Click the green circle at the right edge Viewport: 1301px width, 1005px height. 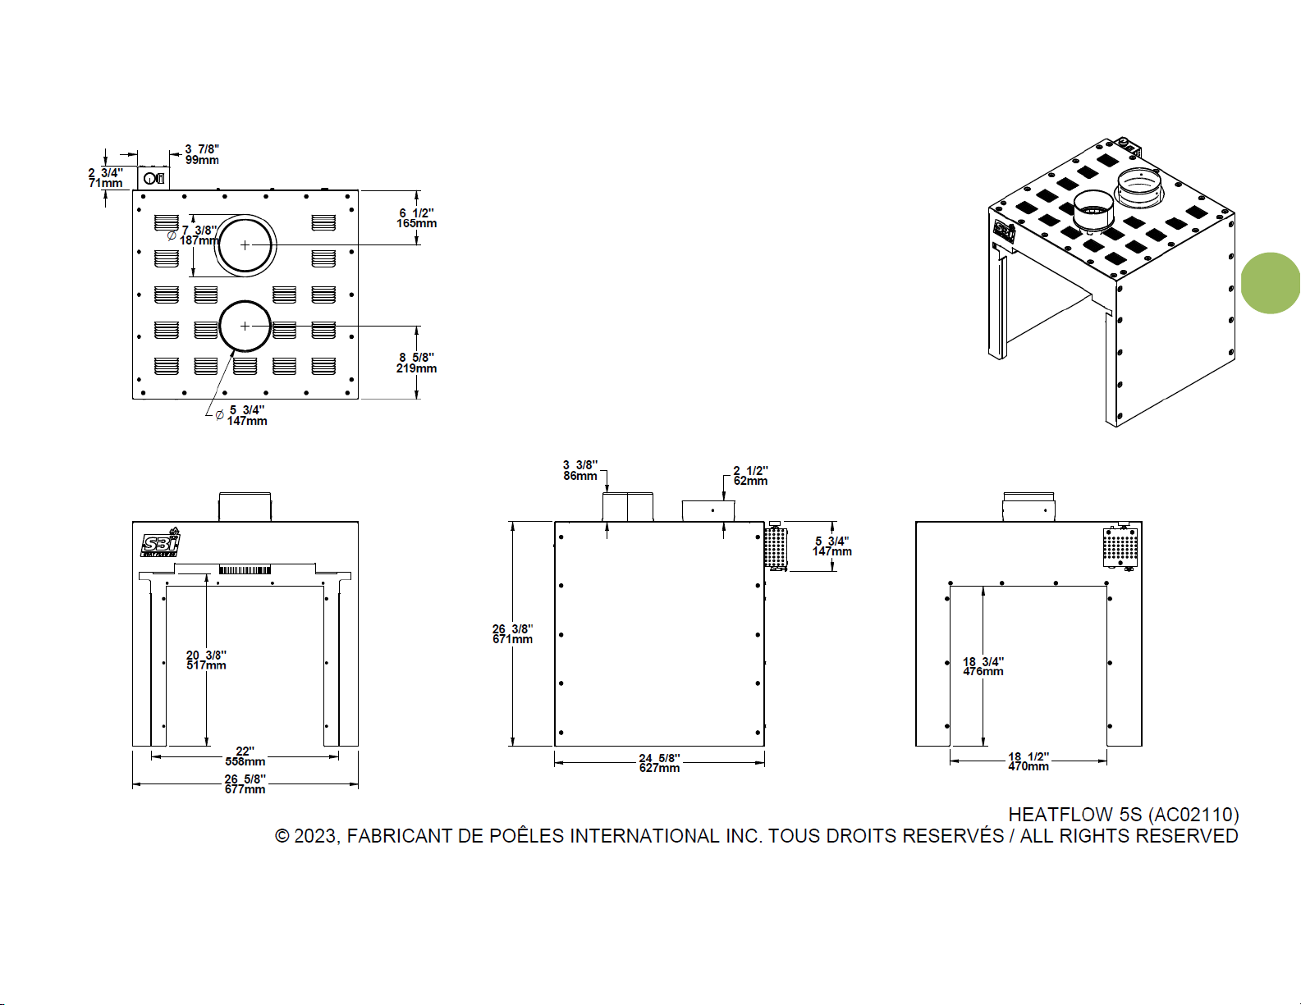1271,283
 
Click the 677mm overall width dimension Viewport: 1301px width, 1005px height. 245,783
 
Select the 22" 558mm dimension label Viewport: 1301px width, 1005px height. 245,756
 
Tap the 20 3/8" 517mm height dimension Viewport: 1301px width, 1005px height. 206,660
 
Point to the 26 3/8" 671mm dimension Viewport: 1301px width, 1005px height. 512,633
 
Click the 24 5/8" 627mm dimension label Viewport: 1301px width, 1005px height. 659,763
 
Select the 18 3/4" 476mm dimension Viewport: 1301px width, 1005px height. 983,666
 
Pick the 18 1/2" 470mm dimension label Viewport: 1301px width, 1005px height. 1028,761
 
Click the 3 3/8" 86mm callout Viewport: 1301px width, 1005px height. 580,470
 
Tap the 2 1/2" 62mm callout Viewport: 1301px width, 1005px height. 750,476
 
